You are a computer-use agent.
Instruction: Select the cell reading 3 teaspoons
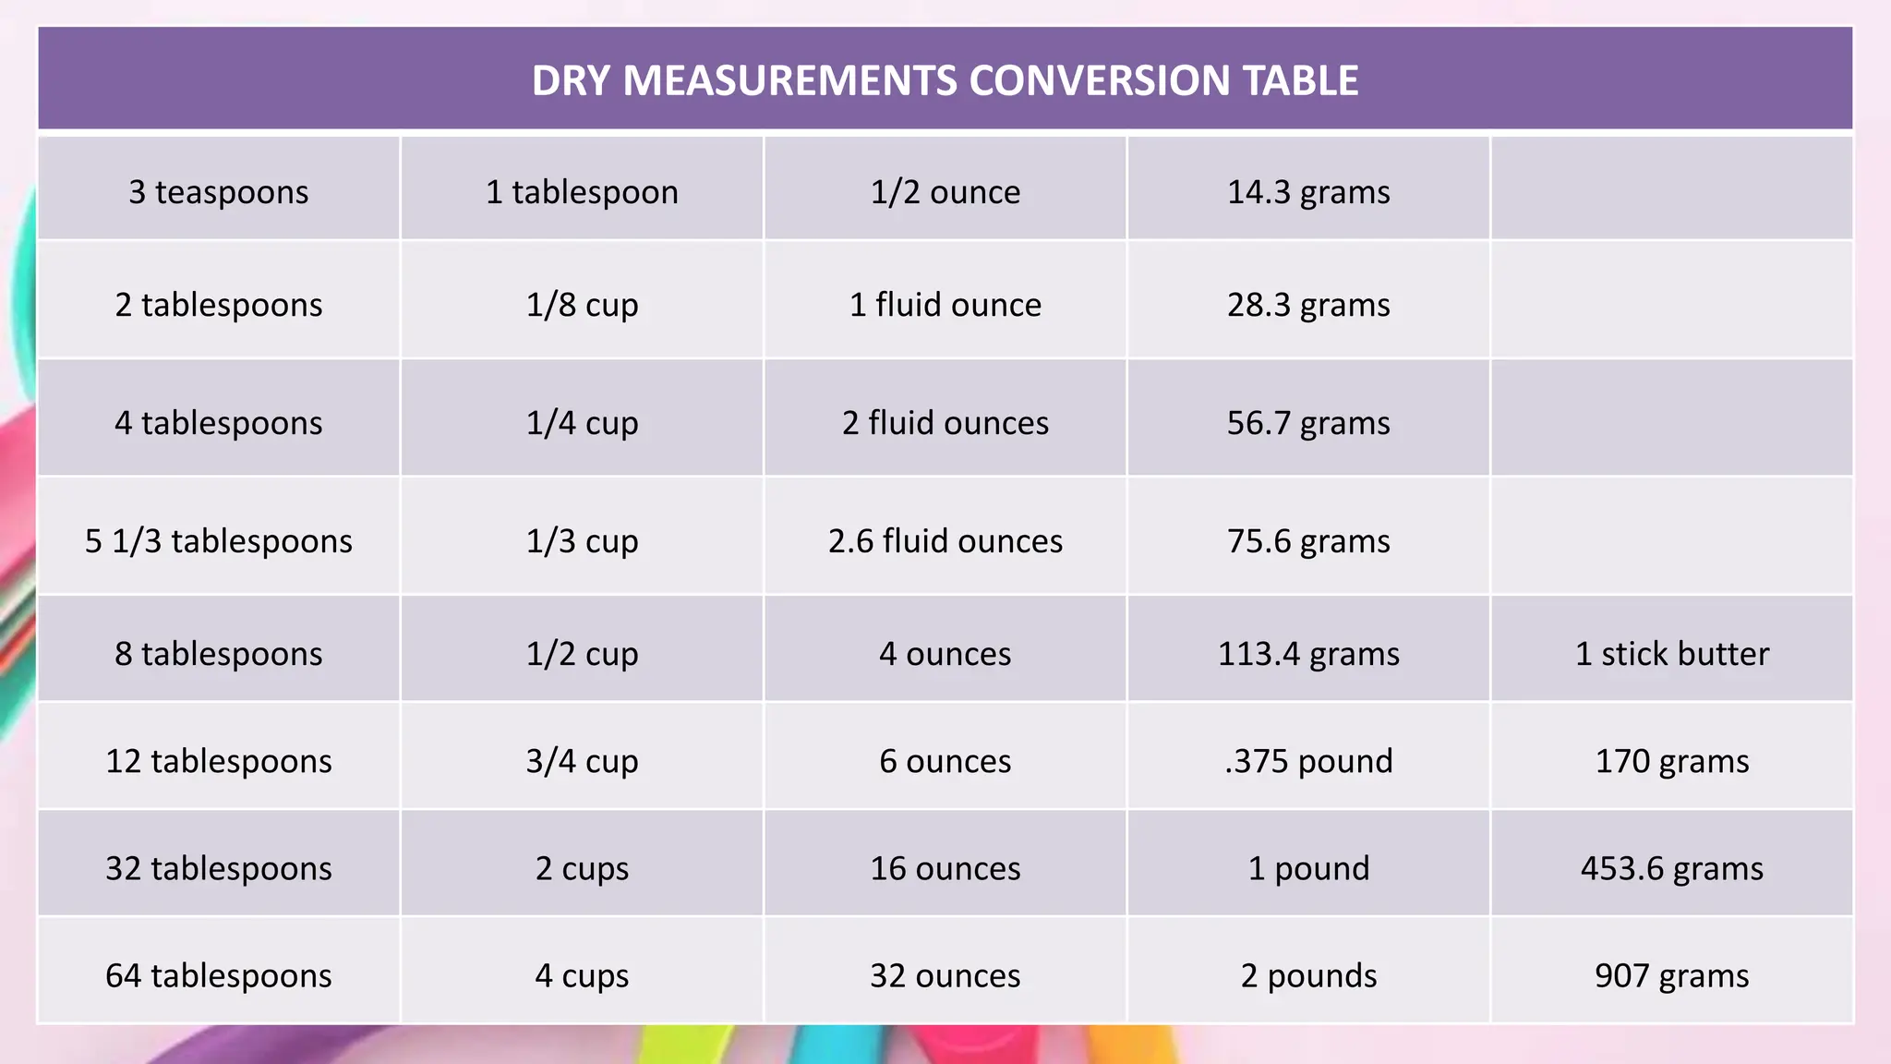coord(219,191)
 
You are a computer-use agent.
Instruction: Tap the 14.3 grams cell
coord(1308,191)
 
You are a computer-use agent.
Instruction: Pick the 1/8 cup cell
coord(582,304)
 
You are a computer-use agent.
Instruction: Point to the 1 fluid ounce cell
coord(945,304)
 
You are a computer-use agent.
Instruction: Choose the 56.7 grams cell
coord(1308,422)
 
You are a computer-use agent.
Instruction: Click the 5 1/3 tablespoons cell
coord(219,540)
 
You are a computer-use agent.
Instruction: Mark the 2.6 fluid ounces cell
coord(945,540)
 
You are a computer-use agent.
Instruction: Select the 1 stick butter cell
coord(1671,653)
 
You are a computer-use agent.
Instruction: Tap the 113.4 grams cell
coord(1308,653)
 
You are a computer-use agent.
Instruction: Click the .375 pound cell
coord(1308,760)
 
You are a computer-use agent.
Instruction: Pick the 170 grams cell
coord(1671,760)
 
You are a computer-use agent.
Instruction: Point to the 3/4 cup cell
coord(582,760)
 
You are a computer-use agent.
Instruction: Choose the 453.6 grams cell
coord(1671,868)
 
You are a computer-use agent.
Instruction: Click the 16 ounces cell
coord(945,868)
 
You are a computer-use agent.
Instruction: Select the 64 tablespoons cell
coord(219,975)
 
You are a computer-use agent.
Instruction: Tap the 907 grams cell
coord(1671,975)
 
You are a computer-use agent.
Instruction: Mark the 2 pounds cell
coord(1308,975)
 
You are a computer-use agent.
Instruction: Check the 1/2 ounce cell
coord(945,191)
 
